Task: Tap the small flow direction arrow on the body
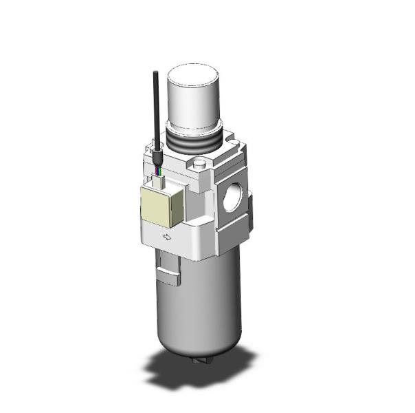click(x=166, y=237)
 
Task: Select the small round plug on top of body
click(x=201, y=165)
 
